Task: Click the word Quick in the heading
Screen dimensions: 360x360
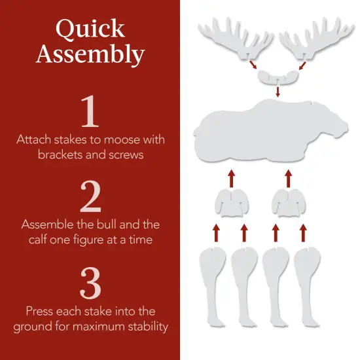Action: [x=90, y=29]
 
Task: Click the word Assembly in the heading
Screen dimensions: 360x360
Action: [x=90, y=54]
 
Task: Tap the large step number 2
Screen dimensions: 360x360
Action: [x=90, y=196]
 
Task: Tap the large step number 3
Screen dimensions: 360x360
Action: [x=90, y=282]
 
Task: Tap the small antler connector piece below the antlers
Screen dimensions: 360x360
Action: [x=277, y=77]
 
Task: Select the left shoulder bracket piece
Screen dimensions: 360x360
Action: [x=231, y=202]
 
